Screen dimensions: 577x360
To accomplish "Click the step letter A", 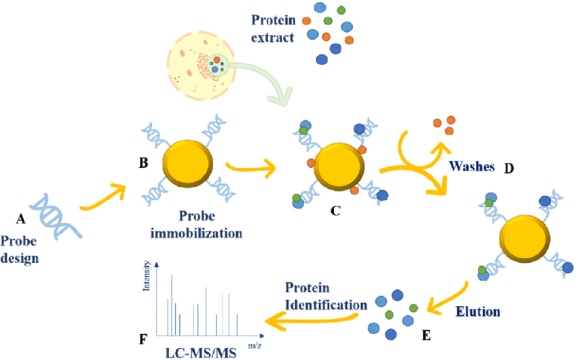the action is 20,219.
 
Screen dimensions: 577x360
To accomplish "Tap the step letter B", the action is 143,162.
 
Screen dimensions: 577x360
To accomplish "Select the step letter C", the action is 335,211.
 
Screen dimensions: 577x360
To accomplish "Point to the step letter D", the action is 508,168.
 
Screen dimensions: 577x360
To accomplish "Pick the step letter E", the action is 426,336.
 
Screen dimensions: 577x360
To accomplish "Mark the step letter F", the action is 143,339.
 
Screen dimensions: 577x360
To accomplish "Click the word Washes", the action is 472,166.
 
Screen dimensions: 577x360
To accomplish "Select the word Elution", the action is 478,312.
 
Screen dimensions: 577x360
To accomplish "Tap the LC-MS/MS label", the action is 200,353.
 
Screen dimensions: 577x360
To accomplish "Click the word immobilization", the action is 196,233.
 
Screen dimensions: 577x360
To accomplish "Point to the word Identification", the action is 326,305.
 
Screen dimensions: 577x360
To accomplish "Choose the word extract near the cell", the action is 273,37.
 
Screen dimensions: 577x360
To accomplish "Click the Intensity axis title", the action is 147,276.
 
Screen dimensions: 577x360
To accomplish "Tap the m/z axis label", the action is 255,346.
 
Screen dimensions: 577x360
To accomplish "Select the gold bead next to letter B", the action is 187,164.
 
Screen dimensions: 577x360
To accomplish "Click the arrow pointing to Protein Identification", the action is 312,320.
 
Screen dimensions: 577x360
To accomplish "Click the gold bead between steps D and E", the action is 525,238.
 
